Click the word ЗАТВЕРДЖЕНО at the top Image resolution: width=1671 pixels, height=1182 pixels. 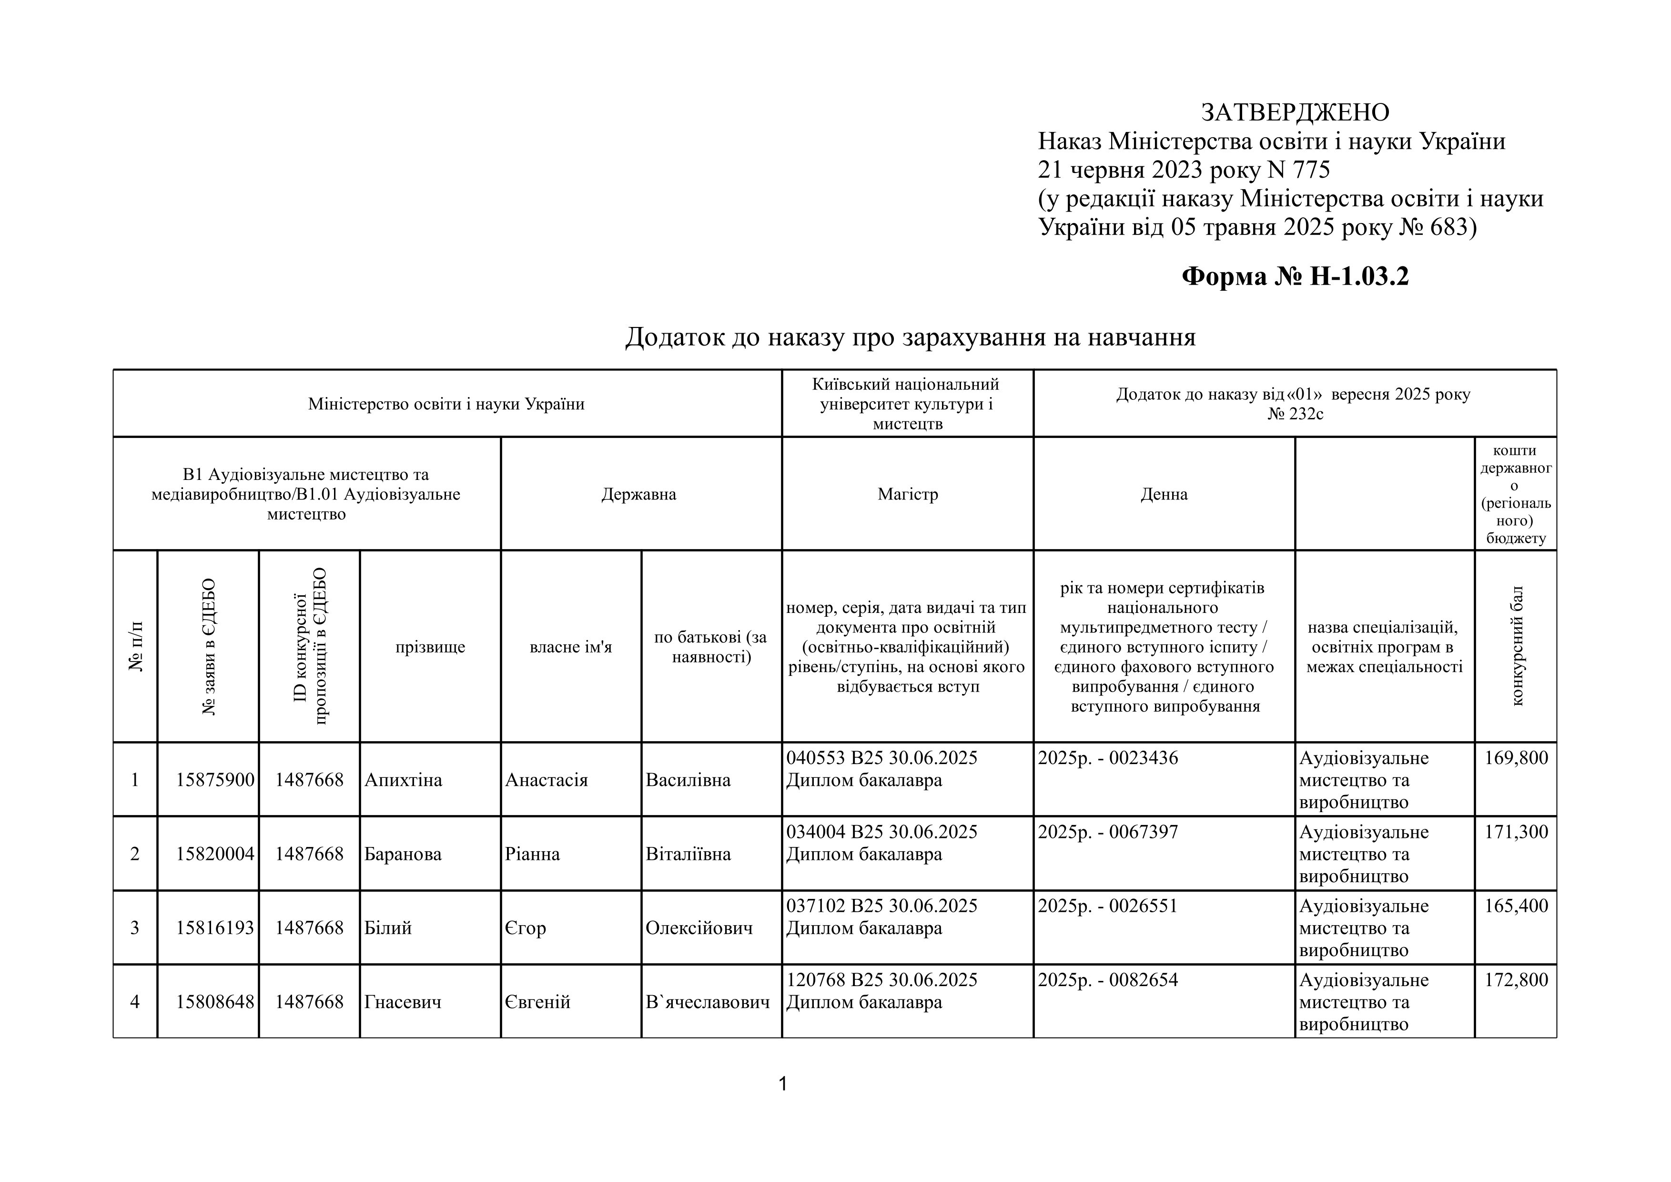[x=1294, y=112]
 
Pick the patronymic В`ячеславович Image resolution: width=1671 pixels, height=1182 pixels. [x=708, y=1002]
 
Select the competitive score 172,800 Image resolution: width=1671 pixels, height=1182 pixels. [x=1516, y=979]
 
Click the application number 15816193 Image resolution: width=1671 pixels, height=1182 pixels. [x=215, y=928]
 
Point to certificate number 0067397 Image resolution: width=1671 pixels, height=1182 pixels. [x=1143, y=832]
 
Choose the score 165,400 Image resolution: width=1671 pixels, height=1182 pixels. [x=1516, y=906]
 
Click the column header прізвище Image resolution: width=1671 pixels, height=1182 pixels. [x=430, y=647]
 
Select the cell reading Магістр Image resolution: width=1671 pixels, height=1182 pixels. [x=908, y=494]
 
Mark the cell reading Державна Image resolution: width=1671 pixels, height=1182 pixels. [x=638, y=494]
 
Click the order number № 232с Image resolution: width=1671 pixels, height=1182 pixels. [x=1295, y=414]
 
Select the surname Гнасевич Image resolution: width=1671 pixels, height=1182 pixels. [x=403, y=1002]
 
